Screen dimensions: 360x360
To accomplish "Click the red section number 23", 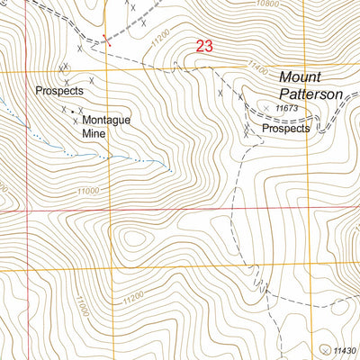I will pyautogui.click(x=204, y=46).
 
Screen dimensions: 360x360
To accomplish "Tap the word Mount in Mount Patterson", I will pyautogui.click(x=298, y=78).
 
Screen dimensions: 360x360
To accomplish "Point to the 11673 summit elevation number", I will pyautogui.click(x=288, y=108).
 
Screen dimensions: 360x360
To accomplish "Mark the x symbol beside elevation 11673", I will pyautogui.click(x=266, y=108).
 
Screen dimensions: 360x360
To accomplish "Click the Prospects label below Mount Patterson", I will pyautogui.click(x=285, y=129).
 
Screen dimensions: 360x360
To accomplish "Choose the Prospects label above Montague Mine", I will pyautogui.click(x=59, y=91).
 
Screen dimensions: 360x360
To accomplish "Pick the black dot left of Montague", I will pyautogui.click(x=74, y=112).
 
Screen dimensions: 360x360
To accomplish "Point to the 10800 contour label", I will pyautogui.click(x=268, y=4).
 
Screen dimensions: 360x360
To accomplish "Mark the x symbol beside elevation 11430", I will pyautogui.click(x=326, y=348).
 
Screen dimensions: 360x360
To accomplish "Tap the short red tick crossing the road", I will pyautogui.click(x=106, y=38).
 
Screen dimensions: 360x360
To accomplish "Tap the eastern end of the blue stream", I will pyautogui.click(x=170, y=167).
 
